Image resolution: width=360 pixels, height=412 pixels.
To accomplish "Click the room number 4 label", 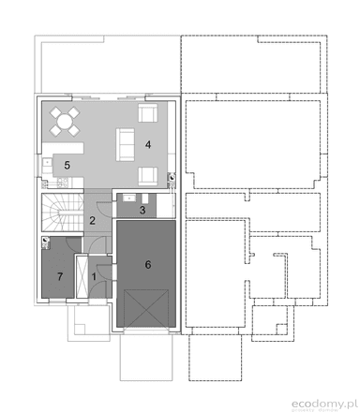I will [x=148, y=145].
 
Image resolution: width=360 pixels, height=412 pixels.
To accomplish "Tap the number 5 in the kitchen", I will [x=67, y=165].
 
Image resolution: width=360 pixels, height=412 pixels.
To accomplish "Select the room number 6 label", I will [x=147, y=265].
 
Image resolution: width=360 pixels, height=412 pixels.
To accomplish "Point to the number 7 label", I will [x=60, y=276].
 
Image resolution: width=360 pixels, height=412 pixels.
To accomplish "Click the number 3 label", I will [x=142, y=211].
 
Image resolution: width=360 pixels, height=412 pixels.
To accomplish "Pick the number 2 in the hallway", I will [x=92, y=221].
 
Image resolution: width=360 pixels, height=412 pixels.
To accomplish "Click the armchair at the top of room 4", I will [x=147, y=115].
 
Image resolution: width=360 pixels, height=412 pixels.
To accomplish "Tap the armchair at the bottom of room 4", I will [x=147, y=175].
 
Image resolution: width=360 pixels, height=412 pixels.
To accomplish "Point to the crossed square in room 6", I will [x=146, y=308].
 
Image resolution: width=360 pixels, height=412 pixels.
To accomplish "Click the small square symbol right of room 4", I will [x=172, y=177].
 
